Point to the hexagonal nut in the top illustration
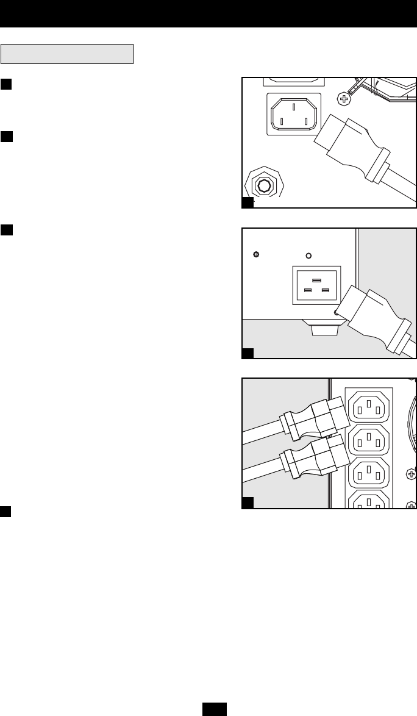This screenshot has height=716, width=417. point(264,184)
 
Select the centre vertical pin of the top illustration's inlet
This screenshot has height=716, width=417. point(293,107)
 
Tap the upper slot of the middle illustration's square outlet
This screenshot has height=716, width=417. point(316,279)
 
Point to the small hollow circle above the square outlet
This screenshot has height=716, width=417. point(308,256)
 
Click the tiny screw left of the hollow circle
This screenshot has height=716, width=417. point(257,254)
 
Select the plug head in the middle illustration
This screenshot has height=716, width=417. point(364,311)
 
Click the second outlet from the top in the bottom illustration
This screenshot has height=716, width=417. point(369,439)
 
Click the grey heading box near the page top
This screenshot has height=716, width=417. point(67,54)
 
